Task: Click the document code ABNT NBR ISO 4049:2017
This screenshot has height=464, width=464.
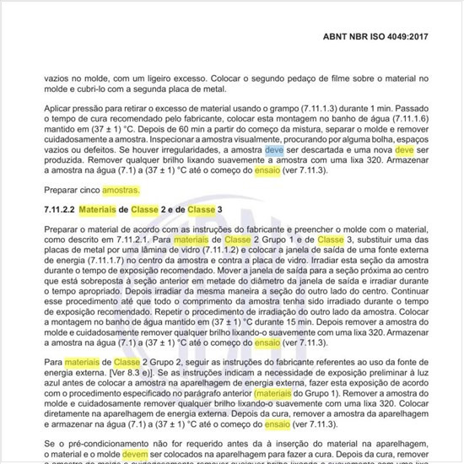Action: point(394,38)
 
